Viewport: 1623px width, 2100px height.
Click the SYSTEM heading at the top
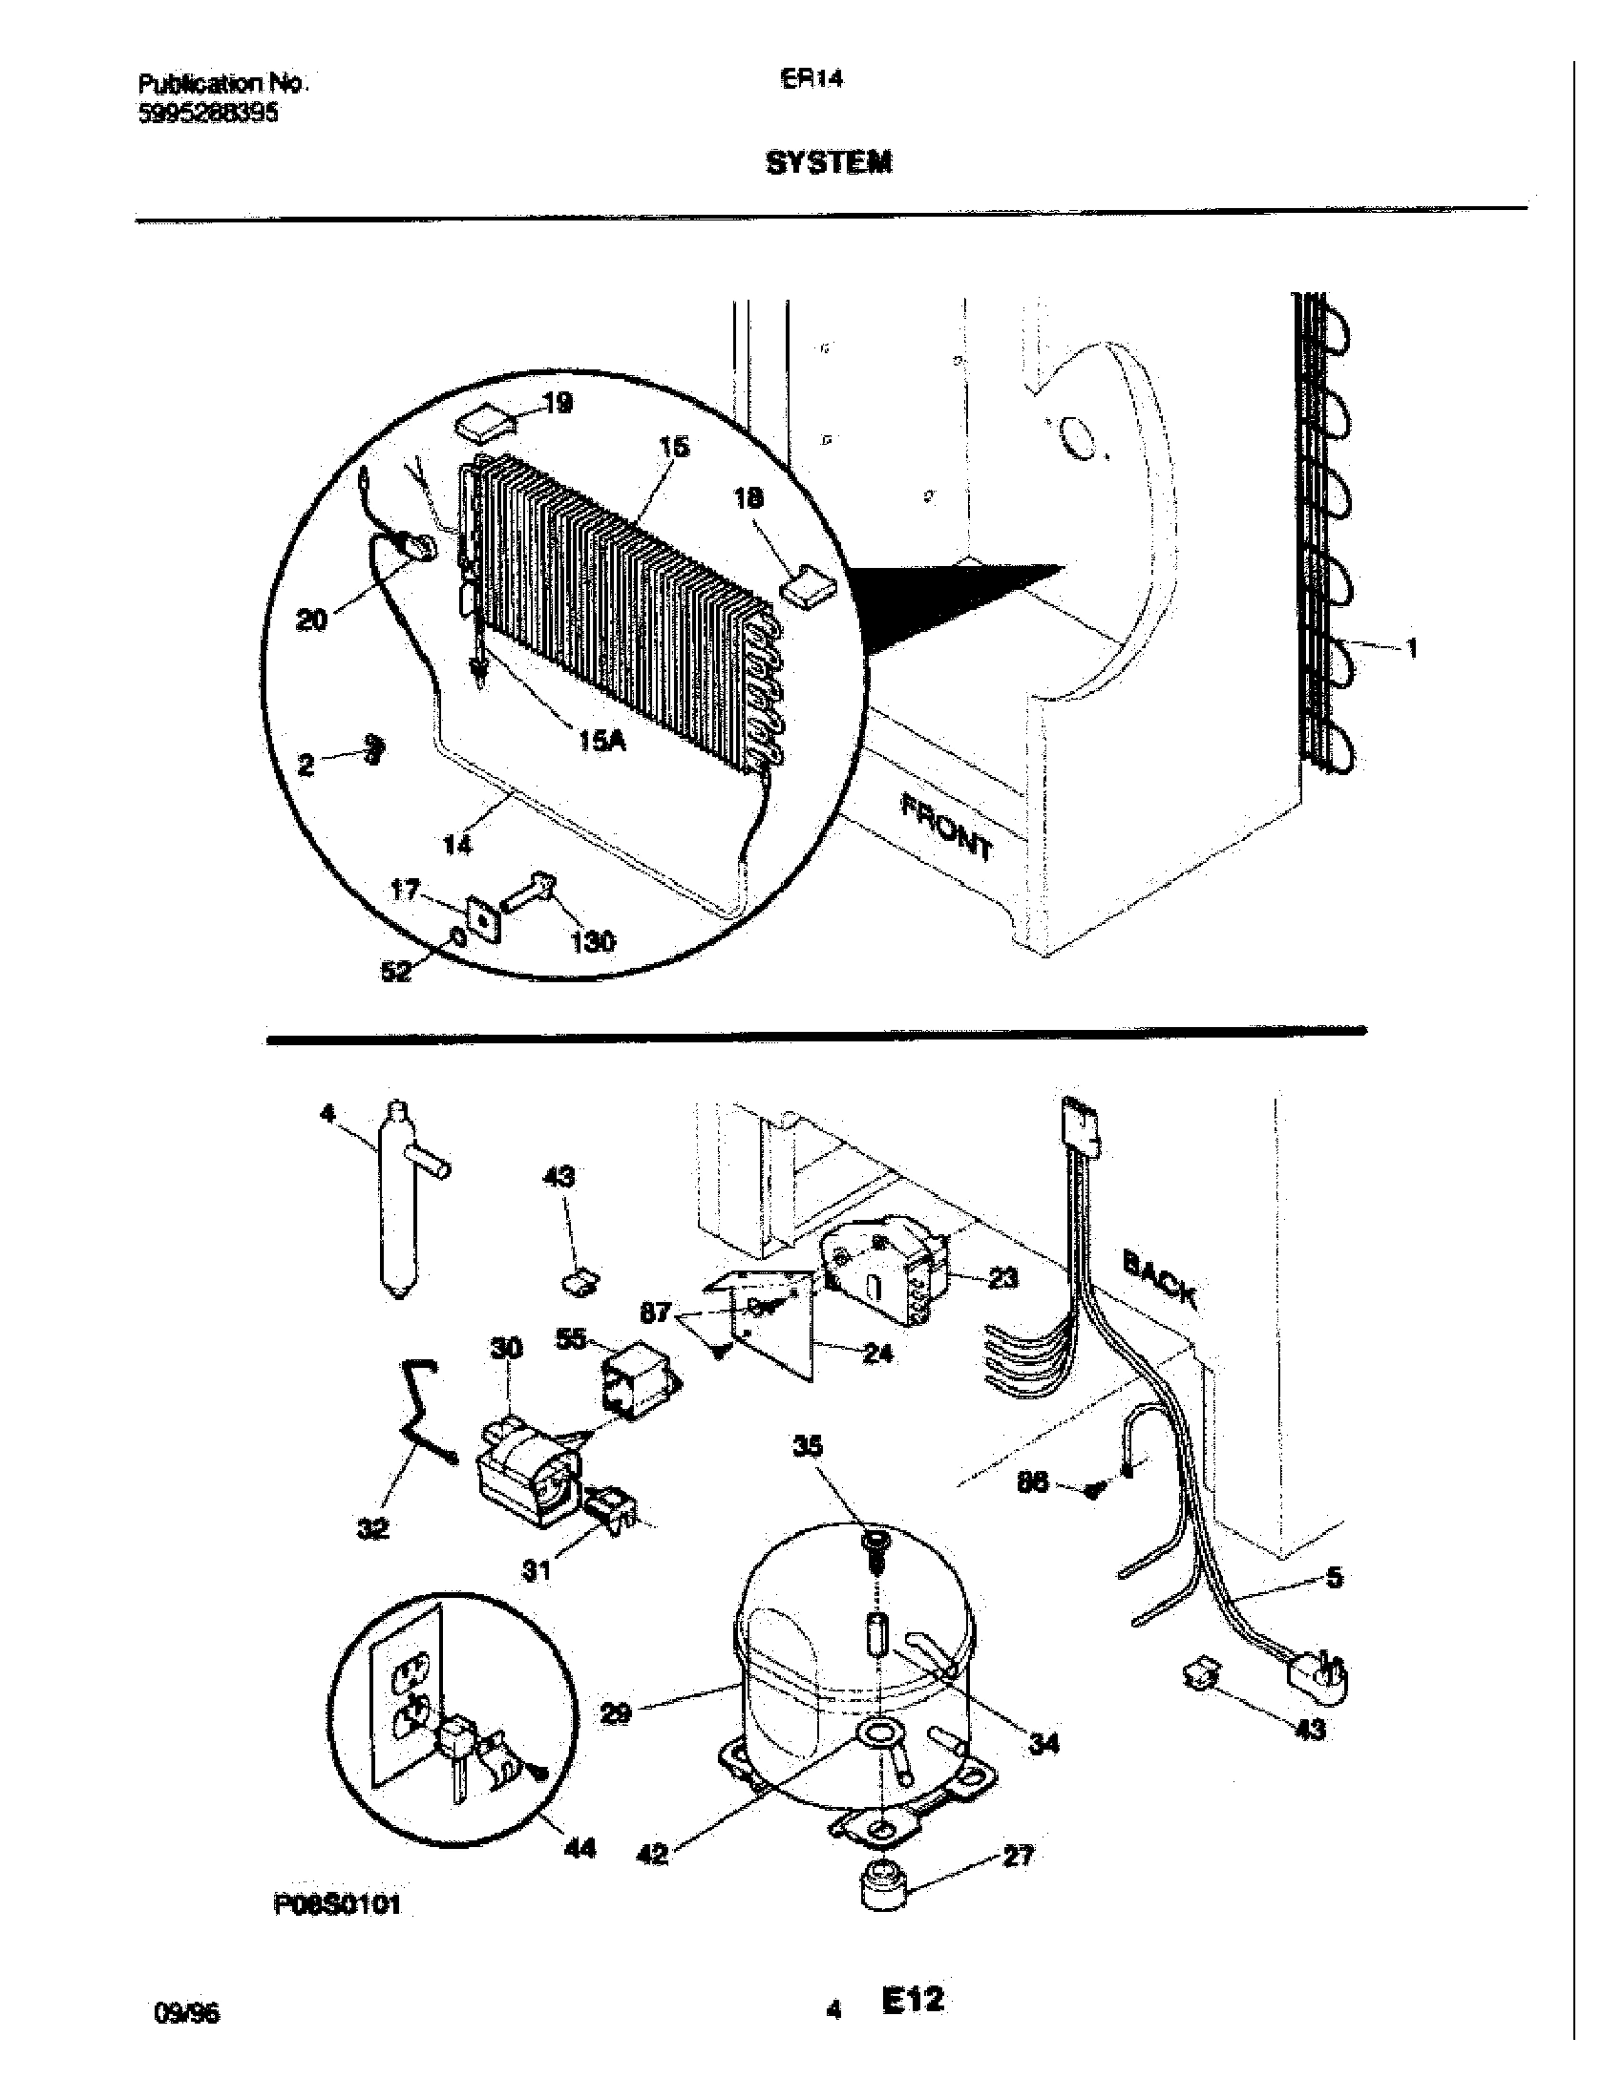click(x=828, y=163)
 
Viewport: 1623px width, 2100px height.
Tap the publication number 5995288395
click(x=209, y=114)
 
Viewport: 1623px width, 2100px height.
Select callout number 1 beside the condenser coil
click(x=1410, y=650)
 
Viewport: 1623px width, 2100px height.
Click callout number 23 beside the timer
click(x=1001, y=1279)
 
